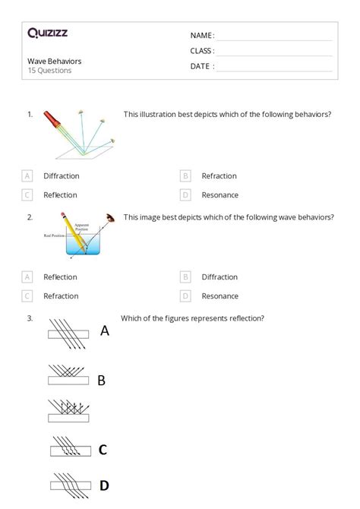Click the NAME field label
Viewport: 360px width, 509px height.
coord(202,35)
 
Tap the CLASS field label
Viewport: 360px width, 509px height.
coord(202,51)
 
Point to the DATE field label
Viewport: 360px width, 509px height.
coord(202,66)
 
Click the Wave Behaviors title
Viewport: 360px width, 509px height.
coord(54,61)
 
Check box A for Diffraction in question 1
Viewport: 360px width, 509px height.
coord(28,175)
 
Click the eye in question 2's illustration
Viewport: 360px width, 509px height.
coord(112,219)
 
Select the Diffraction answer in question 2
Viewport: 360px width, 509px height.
coord(219,277)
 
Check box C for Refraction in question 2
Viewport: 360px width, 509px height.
coord(28,296)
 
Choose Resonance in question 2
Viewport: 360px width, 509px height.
coord(219,296)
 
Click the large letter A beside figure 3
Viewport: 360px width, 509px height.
coord(105,331)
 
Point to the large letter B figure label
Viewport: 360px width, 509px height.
coord(101,380)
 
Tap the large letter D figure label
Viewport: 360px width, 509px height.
coord(104,485)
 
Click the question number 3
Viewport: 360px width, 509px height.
coord(30,318)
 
